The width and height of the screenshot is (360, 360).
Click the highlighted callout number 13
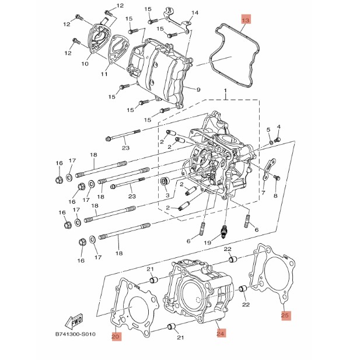tap(246, 20)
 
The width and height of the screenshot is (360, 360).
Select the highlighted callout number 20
tap(116, 336)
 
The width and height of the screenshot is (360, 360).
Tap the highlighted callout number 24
tap(221, 333)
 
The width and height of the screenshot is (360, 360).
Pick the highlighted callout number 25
tap(285, 315)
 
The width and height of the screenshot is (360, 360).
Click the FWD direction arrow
tap(74, 321)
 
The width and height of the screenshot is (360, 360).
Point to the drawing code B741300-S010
tap(75, 334)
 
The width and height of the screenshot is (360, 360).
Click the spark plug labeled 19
tap(223, 230)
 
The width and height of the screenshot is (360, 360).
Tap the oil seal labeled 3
tap(166, 182)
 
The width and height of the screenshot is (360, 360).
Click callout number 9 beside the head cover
tap(198, 89)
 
